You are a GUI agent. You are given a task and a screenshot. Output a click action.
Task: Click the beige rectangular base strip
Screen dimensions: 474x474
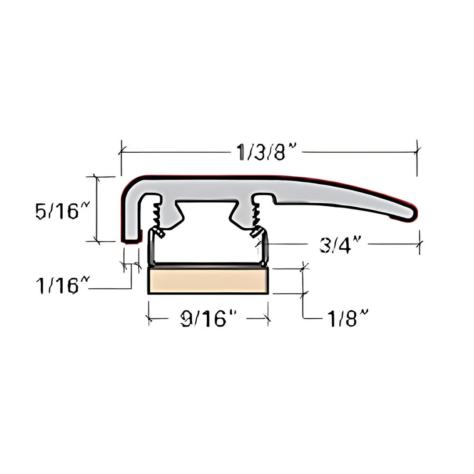coord(208,281)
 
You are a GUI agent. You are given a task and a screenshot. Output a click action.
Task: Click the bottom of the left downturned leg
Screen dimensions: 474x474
coord(132,240)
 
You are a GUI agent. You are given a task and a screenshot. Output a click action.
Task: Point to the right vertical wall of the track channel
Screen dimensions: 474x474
coord(265,248)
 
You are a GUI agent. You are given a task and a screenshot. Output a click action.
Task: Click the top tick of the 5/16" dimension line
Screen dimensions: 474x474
coord(97,176)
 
